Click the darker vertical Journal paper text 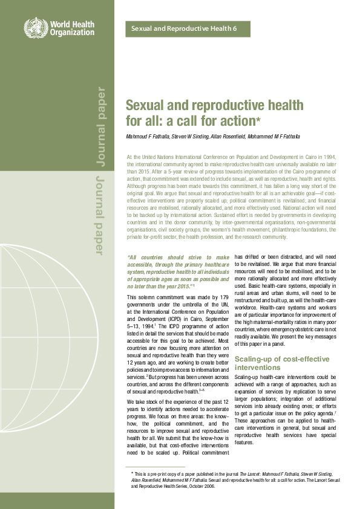point(100,128)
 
